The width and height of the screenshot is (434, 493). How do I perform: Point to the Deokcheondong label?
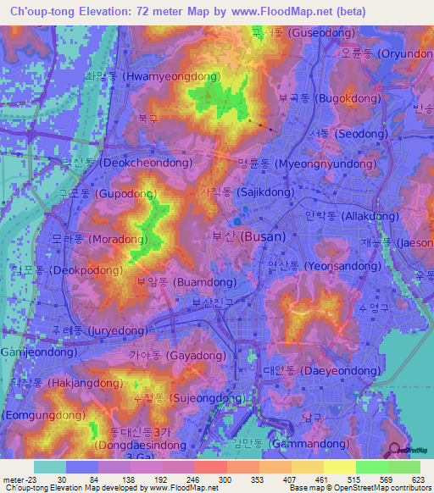point(127,162)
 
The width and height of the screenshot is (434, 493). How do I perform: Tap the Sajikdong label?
point(246,192)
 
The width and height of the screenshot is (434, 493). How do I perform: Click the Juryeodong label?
point(99,330)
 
